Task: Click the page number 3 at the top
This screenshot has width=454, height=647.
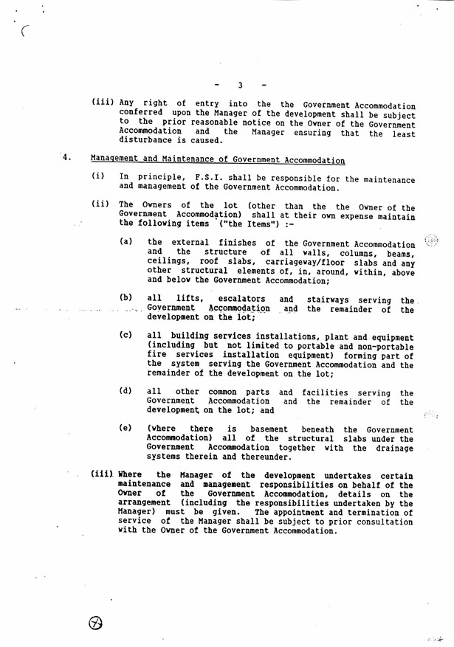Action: pos(241,85)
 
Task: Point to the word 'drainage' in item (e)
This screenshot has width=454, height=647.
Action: pos(392,447)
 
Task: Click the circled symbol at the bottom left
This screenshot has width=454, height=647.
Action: pos(96,623)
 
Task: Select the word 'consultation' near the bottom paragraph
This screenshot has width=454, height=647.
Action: pos(380,522)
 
